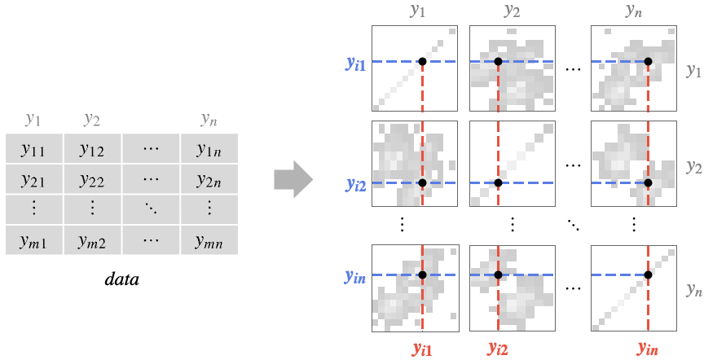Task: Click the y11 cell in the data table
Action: pyautogui.click(x=34, y=148)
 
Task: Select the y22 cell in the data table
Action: pyautogui.click(x=93, y=179)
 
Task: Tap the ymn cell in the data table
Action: pyautogui.click(x=209, y=240)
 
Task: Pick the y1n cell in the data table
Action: pyautogui.click(x=209, y=148)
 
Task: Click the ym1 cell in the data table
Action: pyautogui.click(x=34, y=240)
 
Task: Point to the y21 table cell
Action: pyautogui.click(x=34, y=179)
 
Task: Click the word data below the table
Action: pyautogui.click(x=121, y=279)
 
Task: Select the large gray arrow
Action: pyautogui.click(x=293, y=179)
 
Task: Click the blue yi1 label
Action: pyautogui.click(x=355, y=64)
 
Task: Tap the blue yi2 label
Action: pyautogui.click(x=355, y=185)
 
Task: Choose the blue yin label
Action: pyautogui.click(x=355, y=277)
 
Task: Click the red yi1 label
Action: pyautogui.click(x=423, y=349)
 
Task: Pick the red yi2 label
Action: pyautogui.click(x=498, y=349)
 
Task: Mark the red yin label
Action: pyautogui.click(x=648, y=349)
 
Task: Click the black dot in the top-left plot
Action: pyautogui.click(x=423, y=62)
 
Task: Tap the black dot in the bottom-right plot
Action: pyautogui.click(x=648, y=274)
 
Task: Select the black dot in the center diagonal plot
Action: pyautogui.click(x=498, y=182)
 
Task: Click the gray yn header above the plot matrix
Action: pyautogui.click(x=633, y=11)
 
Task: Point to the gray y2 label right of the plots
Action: pyautogui.click(x=694, y=166)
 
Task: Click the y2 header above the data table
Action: pyautogui.click(x=91, y=119)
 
